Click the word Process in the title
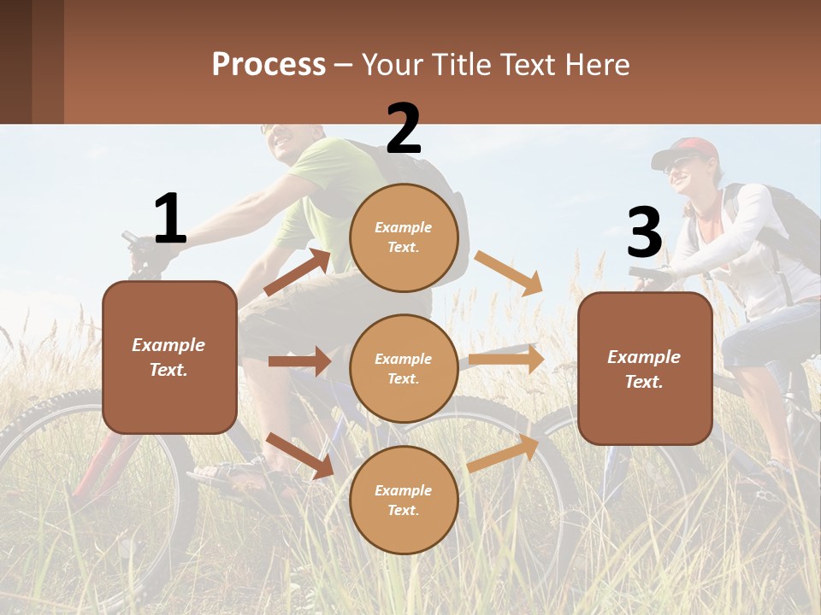[x=269, y=65]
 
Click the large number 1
[x=170, y=219]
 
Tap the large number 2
[x=404, y=129]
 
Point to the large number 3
[x=644, y=232]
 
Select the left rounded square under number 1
[x=169, y=357]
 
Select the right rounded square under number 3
[x=645, y=369]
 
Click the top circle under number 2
[x=404, y=237]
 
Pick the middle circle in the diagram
[x=404, y=369]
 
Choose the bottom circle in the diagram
[x=404, y=501]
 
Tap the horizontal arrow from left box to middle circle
[x=299, y=361]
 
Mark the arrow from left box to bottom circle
[x=299, y=455]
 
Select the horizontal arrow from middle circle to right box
[x=506, y=359]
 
